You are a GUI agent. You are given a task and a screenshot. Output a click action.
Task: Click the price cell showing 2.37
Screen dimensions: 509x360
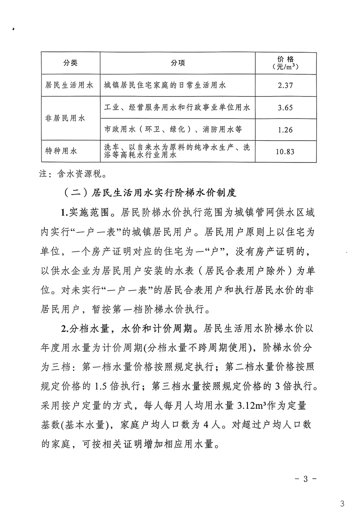(x=285, y=85)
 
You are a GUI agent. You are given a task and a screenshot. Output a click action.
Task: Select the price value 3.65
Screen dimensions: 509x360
(x=285, y=108)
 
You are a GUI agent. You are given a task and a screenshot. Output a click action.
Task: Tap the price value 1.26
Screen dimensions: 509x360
(x=285, y=130)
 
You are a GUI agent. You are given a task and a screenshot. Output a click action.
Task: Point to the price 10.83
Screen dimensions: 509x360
(x=285, y=152)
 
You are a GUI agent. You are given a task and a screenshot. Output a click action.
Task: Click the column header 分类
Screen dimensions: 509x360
(x=70, y=63)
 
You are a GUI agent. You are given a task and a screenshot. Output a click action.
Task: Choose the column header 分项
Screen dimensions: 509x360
(x=178, y=63)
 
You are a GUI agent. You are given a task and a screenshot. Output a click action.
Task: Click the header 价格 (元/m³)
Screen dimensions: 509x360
(x=285, y=63)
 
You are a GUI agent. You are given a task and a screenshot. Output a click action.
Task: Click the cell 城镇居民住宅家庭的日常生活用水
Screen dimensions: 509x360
(x=165, y=85)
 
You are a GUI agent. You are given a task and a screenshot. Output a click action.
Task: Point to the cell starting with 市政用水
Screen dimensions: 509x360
(x=173, y=130)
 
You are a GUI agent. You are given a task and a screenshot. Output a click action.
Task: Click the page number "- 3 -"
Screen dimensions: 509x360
(x=305, y=478)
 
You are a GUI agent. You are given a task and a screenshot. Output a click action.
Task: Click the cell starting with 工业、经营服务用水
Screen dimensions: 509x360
(x=177, y=108)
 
